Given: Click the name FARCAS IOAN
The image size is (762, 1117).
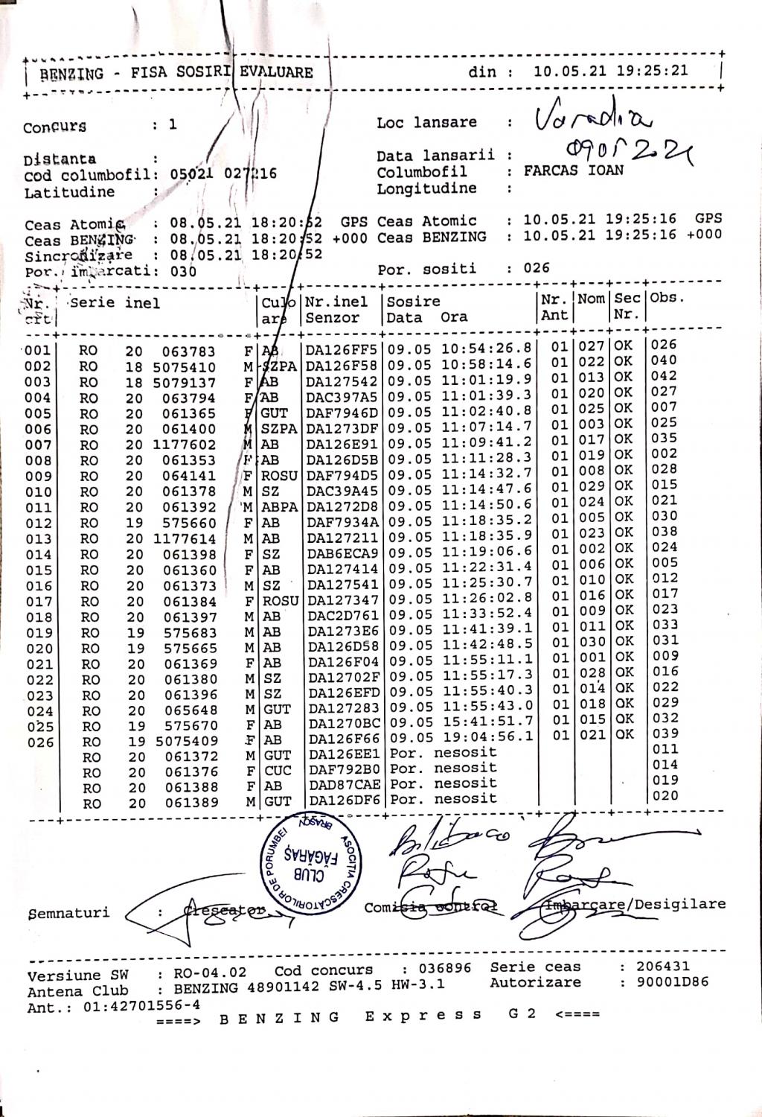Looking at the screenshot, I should pyautogui.click(x=574, y=171).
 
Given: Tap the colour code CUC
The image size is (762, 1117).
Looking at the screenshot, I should pyautogui.click(x=277, y=771).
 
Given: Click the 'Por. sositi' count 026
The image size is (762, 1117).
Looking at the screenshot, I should pyautogui.click(x=536, y=268).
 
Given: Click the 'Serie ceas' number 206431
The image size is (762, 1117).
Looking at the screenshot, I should pyautogui.click(x=663, y=966).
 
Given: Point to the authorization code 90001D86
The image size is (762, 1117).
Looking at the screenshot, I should pyautogui.click(x=673, y=981).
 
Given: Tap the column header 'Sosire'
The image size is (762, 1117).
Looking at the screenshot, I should pyautogui.click(x=413, y=302).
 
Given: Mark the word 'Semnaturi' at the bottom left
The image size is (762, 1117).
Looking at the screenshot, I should pyautogui.click(x=68, y=912).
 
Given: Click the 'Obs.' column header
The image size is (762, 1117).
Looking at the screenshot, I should pyautogui.click(x=666, y=297).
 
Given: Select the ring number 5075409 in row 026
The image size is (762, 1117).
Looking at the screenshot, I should pyautogui.click(x=186, y=741).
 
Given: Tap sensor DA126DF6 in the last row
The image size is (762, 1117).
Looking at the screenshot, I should pyautogui.click(x=344, y=800).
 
